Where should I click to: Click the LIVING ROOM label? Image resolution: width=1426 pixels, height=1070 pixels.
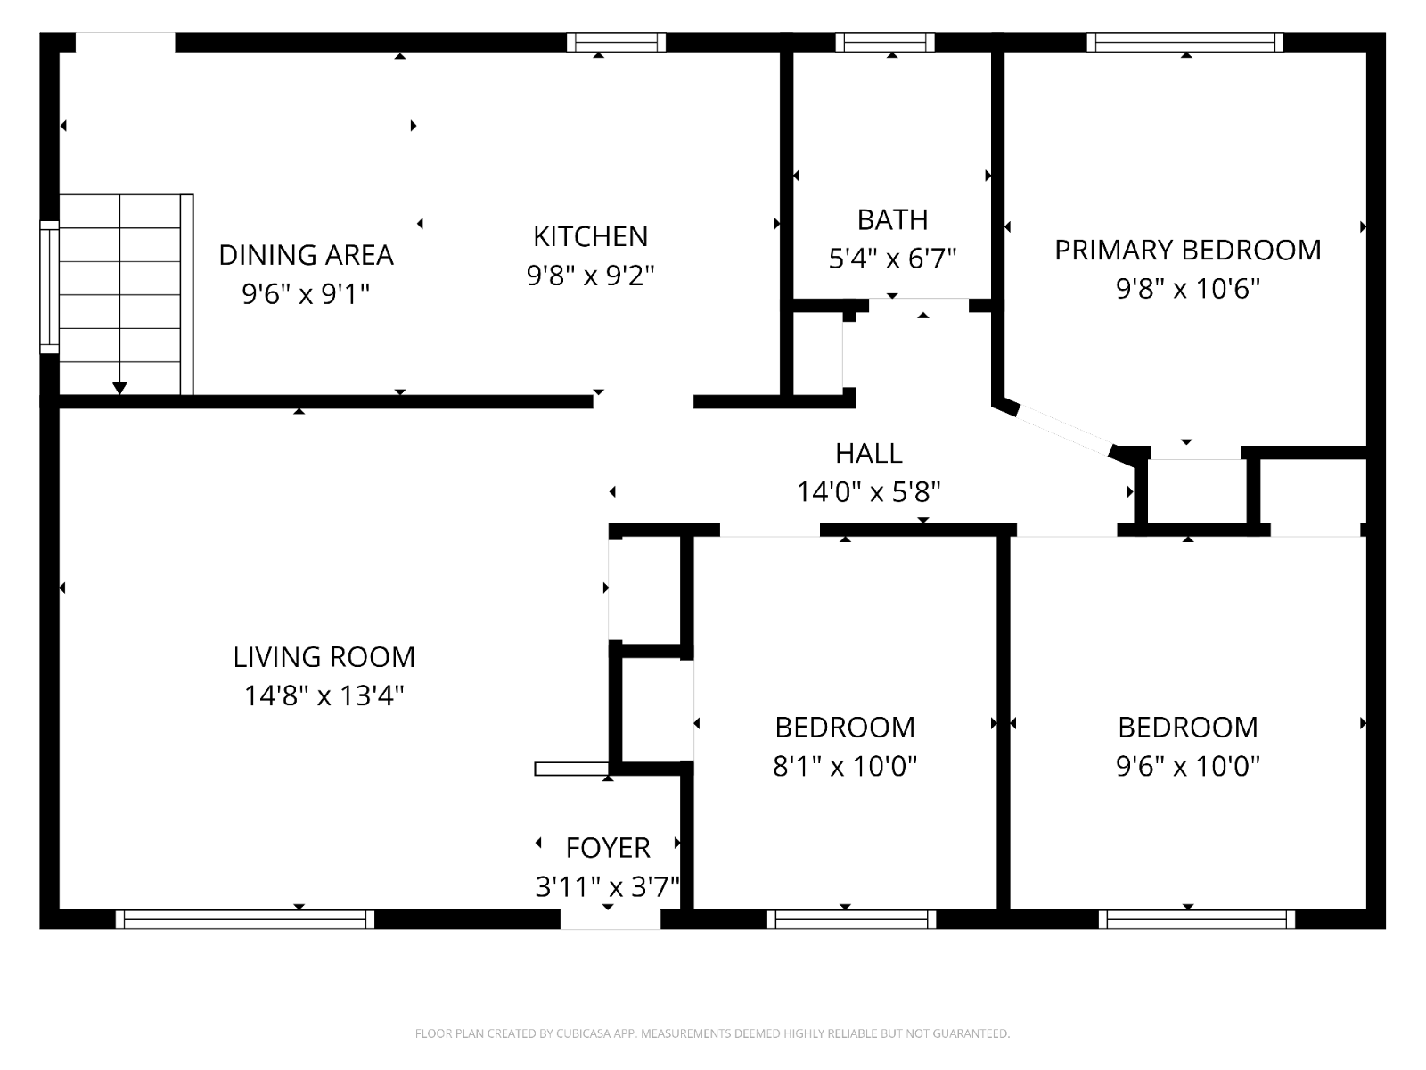(324, 657)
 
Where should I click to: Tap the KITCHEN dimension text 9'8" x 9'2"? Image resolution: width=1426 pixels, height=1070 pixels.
(590, 276)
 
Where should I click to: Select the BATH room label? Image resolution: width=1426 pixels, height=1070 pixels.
(892, 219)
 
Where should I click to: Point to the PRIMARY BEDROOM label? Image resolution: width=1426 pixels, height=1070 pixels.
(1187, 250)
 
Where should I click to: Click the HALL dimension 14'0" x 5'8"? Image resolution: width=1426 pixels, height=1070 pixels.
(868, 491)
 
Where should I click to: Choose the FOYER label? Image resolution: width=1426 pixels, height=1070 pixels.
(608, 847)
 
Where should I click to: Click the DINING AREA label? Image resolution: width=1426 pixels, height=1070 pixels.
(306, 255)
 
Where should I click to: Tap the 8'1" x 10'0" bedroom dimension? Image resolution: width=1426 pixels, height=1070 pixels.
(844, 766)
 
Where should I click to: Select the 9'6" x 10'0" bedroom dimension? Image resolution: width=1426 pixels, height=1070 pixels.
(1187, 766)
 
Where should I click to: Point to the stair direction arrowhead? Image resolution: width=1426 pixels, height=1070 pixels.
(119, 388)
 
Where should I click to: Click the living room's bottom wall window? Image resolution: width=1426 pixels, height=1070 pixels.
(244, 919)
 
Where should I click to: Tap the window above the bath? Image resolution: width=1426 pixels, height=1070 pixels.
(885, 42)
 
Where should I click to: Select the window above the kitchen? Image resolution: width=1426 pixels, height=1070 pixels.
(616, 42)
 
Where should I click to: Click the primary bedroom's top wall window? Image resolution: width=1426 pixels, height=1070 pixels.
(1184, 42)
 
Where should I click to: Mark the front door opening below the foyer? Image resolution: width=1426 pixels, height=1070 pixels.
(610, 919)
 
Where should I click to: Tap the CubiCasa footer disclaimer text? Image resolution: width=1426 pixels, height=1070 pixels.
(712, 1033)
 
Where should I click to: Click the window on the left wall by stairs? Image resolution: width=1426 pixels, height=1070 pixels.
(49, 287)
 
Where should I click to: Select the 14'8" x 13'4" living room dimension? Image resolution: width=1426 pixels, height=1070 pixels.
(324, 695)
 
